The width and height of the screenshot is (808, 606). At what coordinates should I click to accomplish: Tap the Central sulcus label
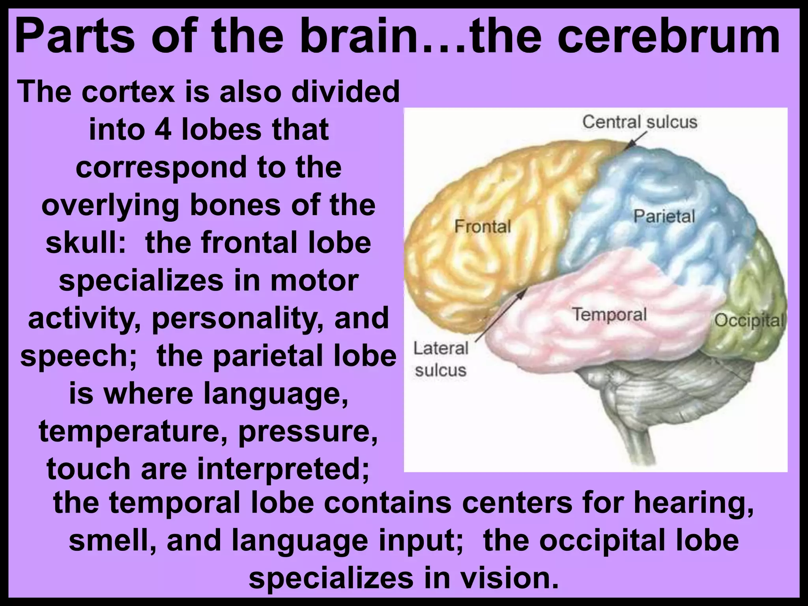click(x=640, y=122)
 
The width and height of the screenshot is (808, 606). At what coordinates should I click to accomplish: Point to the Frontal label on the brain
click(x=482, y=226)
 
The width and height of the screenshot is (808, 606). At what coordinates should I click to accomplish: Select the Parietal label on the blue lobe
click(x=664, y=217)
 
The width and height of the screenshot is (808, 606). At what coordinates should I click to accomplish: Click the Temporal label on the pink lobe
click(x=610, y=314)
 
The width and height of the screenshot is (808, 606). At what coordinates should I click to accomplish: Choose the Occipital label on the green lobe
click(x=749, y=320)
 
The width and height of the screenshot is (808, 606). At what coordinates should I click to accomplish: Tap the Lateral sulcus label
click(x=441, y=359)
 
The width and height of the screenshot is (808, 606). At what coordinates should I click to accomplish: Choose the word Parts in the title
click(x=75, y=37)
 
